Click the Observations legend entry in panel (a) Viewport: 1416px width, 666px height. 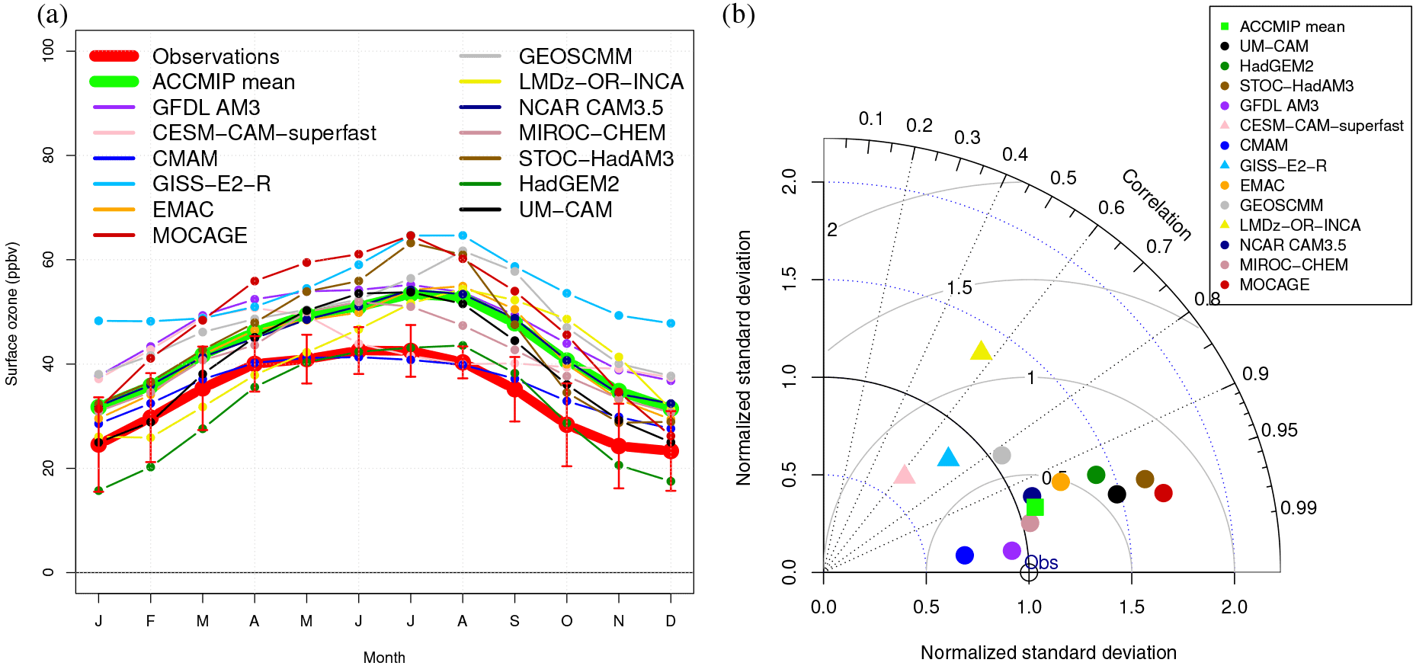click(x=216, y=56)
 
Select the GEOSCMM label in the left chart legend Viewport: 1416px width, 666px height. click(x=575, y=56)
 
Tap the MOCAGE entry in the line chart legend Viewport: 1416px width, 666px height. click(x=200, y=235)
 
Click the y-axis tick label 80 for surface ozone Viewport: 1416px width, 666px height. click(x=49, y=155)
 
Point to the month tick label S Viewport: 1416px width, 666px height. click(x=514, y=621)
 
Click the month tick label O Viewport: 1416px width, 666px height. click(x=566, y=621)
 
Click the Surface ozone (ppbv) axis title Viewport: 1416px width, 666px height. click(x=12, y=314)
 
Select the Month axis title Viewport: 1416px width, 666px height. click(x=384, y=658)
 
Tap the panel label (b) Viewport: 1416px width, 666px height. click(x=738, y=14)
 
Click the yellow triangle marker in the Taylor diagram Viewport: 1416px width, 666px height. click(x=981, y=351)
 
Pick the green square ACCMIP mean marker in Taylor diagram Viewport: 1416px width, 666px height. click(x=1035, y=508)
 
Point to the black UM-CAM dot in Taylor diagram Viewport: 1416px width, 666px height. click(x=1116, y=495)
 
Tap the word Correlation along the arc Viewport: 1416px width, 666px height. click(x=1156, y=205)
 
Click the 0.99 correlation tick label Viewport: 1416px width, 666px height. click(x=1298, y=508)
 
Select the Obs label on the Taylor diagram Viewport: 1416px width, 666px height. click(x=1042, y=563)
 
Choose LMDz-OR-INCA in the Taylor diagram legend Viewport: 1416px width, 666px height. click(x=1299, y=225)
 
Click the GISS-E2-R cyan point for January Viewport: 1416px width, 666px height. click(x=98, y=321)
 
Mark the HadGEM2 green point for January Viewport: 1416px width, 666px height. click(x=98, y=491)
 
